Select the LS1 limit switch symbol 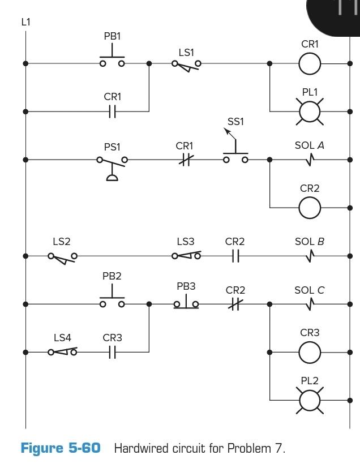[x=186, y=65]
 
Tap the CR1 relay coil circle [x=309, y=64]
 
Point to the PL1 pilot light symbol [x=309, y=112]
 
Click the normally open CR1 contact [x=112, y=112]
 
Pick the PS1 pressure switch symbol [x=112, y=164]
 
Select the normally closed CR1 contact [x=185, y=160]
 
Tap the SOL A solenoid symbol [x=309, y=160]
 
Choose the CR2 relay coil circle [x=309, y=208]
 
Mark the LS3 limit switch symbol [x=186, y=256]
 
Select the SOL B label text [x=309, y=242]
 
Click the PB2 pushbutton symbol [x=112, y=300]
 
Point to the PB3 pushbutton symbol [x=186, y=303]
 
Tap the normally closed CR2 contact [x=235, y=304]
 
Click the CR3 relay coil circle [x=309, y=353]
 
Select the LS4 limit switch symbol [x=62, y=352]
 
